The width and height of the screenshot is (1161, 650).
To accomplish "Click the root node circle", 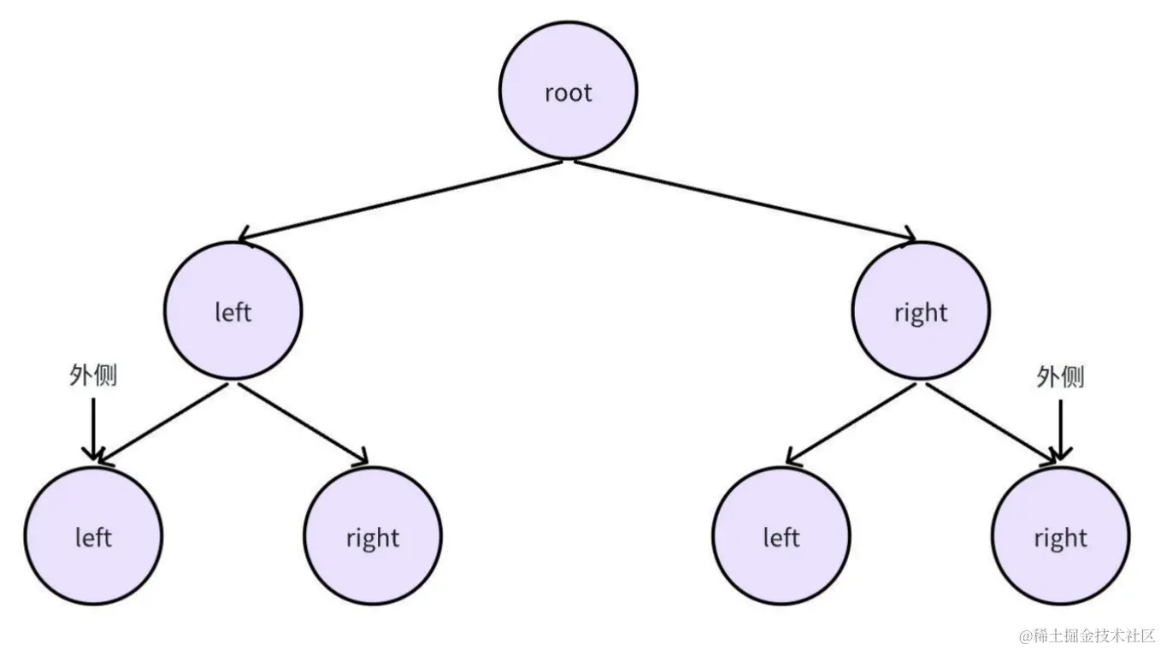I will point(569,92).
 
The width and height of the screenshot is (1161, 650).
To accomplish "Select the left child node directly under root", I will point(233,311).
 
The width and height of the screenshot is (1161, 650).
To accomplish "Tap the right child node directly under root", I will point(921,311).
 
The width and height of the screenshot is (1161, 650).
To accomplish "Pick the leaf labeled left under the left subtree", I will point(93,536).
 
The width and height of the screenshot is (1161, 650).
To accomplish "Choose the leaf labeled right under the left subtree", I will point(373,536).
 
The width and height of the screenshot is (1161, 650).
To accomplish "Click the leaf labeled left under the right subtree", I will point(781,536).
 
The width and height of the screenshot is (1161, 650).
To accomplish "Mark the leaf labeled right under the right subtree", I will point(1060,536).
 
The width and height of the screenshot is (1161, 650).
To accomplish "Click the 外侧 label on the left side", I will point(93,376).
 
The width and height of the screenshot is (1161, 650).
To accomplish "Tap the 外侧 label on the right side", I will point(1060,376).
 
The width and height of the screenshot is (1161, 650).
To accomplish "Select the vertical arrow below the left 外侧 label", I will point(93,428).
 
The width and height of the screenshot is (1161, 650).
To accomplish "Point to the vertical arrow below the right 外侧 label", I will point(1060,428).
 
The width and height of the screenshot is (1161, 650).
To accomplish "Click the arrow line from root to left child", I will point(402,198).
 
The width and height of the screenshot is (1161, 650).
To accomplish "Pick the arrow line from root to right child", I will point(744,198).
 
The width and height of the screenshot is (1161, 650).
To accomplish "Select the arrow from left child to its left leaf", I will point(162,423).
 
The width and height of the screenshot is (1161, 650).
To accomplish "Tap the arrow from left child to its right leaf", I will point(304,423).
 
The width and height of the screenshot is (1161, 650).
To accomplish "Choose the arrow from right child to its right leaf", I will point(992,423).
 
